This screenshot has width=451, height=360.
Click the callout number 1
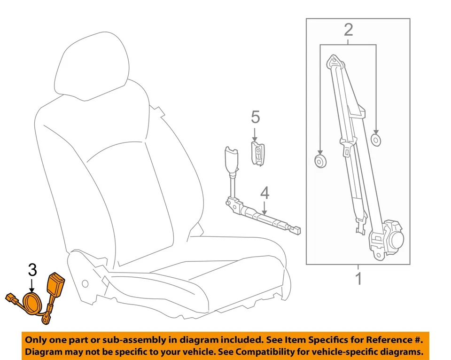tap(358, 278)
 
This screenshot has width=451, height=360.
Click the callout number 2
tap(348, 31)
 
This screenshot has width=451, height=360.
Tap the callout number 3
tap(32, 270)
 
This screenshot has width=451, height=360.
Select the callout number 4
tap(264, 192)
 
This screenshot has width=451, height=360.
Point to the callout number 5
tap(255, 116)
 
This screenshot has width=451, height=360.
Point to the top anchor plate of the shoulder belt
tap(334, 62)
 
